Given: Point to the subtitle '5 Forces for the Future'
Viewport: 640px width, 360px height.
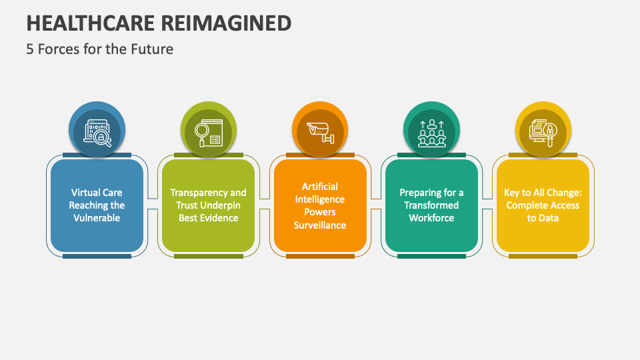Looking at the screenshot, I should pyautogui.click(x=100, y=49).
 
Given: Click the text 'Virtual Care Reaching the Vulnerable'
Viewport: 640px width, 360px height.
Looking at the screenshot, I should pyautogui.click(x=97, y=205).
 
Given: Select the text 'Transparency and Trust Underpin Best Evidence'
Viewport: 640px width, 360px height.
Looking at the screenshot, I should pyautogui.click(x=209, y=205).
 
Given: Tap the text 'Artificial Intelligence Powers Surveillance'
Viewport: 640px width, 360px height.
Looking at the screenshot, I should pyautogui.click(x=320, y=205).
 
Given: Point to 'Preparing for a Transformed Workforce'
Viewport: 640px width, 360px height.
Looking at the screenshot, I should pyautogui.click(x=431, y=205).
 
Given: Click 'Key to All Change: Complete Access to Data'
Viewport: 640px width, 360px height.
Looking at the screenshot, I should pyautogui.click(x=543, y=205).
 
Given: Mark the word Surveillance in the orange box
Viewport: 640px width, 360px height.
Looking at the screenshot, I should pyautogui.click(x=320, y=225).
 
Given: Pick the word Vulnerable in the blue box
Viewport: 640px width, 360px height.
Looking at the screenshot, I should pyautogui.click(x=97, y=218).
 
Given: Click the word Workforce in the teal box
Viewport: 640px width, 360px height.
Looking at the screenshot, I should pyautogui.click(x=431, y=218).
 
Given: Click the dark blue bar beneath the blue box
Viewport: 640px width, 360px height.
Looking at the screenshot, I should pyautogui.click(x=97, y=256).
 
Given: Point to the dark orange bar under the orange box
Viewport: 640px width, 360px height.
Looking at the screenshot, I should pyautogui.click(x=320, y=256).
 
